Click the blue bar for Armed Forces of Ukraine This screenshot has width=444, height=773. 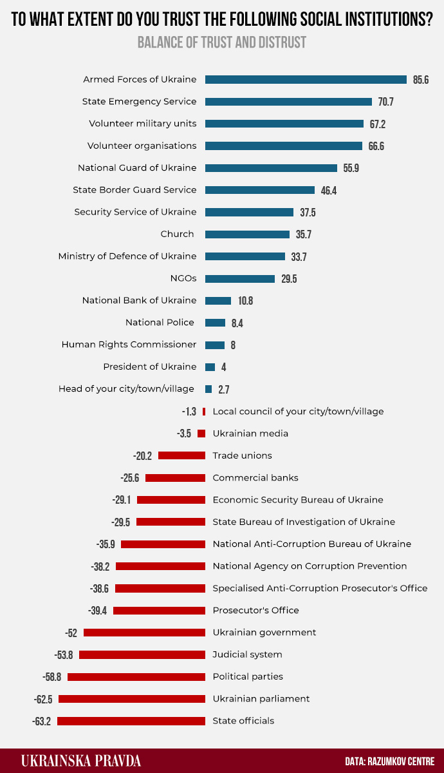pyautogui.click(x=306, y=80)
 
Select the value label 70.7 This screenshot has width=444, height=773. pyautogui.click(x=386, y=102)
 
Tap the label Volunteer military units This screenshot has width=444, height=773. pyautogui.click(x=142, y=124)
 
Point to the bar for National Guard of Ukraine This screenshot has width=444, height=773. pyautogui.click(x=271, y=168)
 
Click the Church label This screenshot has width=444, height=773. pyautogui.click(x=177, y=234)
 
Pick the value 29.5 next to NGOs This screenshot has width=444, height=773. pyautogui.click(x=289, y=279)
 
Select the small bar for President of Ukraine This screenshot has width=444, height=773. pyautogui.click(x=210, y=367)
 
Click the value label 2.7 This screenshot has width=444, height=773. pyautogui.click(x=224, y=390)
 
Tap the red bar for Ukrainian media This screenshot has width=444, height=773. pyautogui.click(x=201, y=434)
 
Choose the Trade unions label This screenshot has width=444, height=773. pyautogui.click(x=242, y=455)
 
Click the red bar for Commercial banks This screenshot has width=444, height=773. pyautogui.click(x=175, y=478)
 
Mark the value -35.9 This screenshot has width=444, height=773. pyautogui.click(x=106, y=544)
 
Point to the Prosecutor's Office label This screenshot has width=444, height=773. pyautogui.click(x=255, y=610)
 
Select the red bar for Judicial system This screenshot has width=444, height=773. pyautogui.click(x=142, y=654)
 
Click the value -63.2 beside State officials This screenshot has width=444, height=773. pyautogui.click(x=42, y=721)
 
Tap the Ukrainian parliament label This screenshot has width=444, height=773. pyautogui.click(x=261, y=698)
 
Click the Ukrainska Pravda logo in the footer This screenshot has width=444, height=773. pyautogui.click(x=81, y=761)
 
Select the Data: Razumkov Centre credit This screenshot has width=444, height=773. pyautogui.click(x=390, y=761)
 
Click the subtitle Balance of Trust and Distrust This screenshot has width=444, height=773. pyautogui.click(x=222, y=43)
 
